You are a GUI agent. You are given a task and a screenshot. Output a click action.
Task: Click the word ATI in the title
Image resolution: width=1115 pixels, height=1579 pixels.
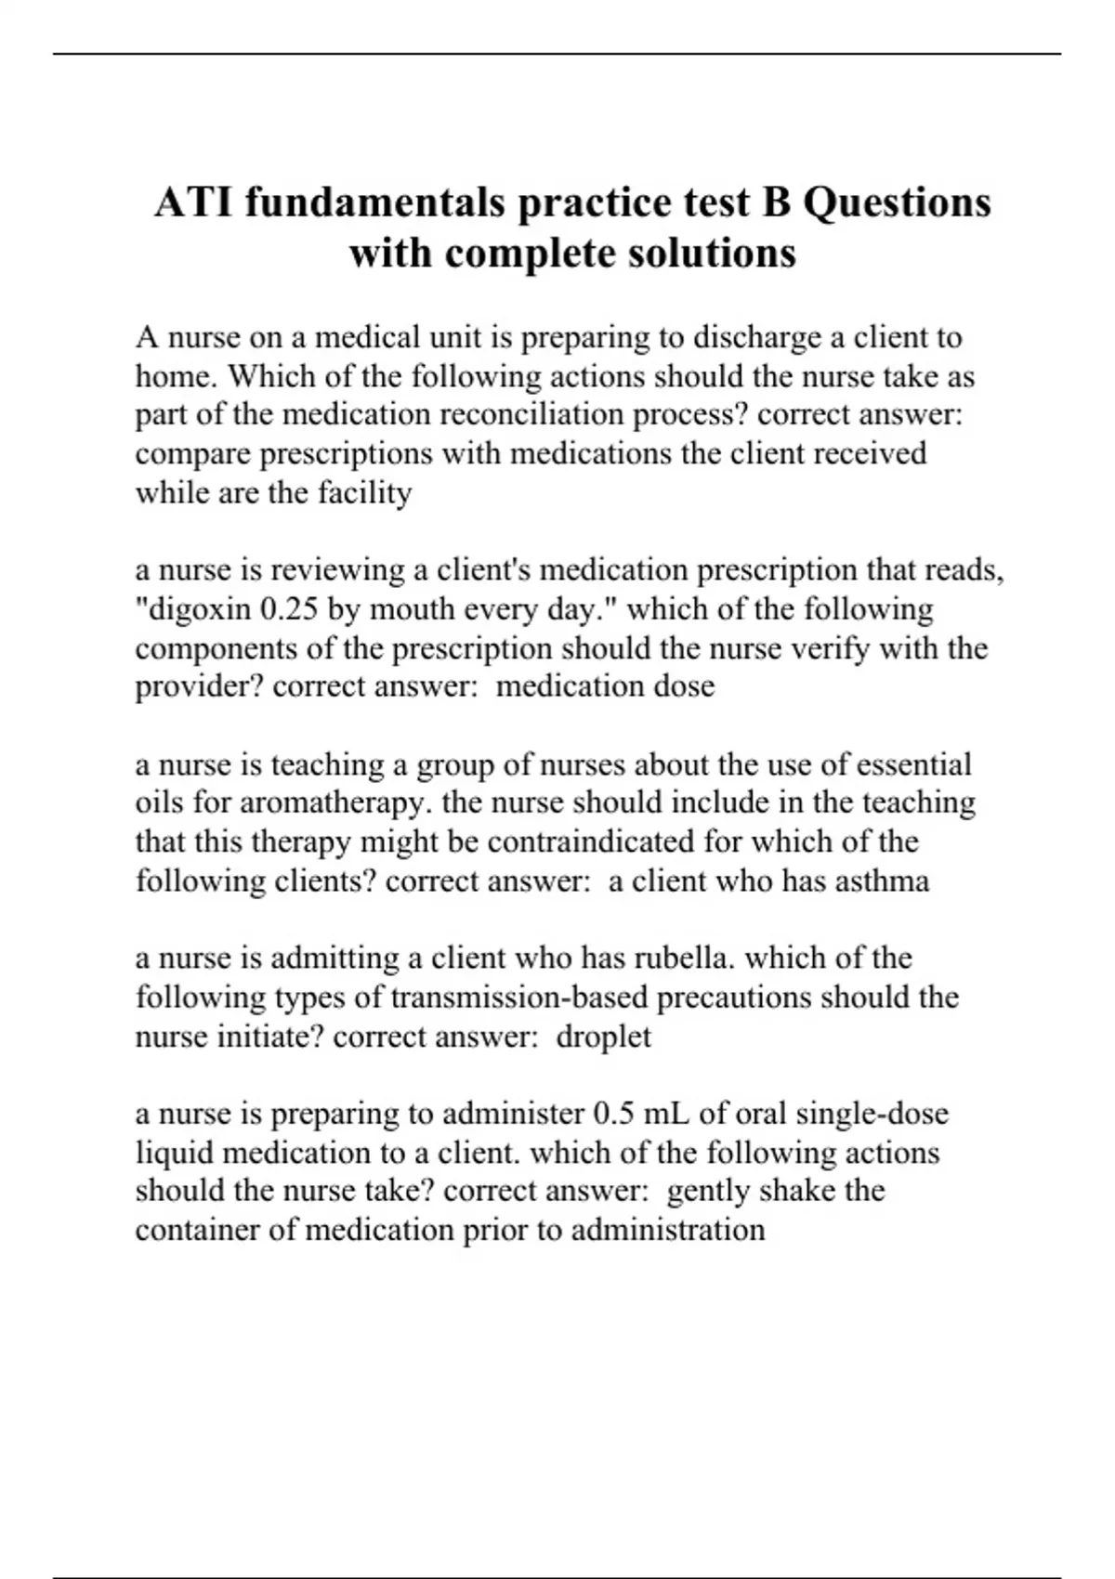(x=193, y=202)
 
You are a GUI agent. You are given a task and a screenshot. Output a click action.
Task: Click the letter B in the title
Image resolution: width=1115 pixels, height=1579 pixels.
(x=776, y=202)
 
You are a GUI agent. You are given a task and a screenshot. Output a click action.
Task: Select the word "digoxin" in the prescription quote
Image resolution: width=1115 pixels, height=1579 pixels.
(x=197, y=609)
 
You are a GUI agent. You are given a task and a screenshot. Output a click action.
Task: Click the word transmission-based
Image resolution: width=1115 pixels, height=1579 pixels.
(x=519, y=998)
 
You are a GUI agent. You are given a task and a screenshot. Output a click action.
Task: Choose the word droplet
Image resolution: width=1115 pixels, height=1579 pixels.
(x=603, y=1037)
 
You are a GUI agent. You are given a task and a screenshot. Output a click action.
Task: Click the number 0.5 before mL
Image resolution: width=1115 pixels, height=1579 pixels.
(x=612, y=1114)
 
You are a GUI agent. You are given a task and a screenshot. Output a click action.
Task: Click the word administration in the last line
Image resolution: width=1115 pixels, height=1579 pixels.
(x=668, y=1230)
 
